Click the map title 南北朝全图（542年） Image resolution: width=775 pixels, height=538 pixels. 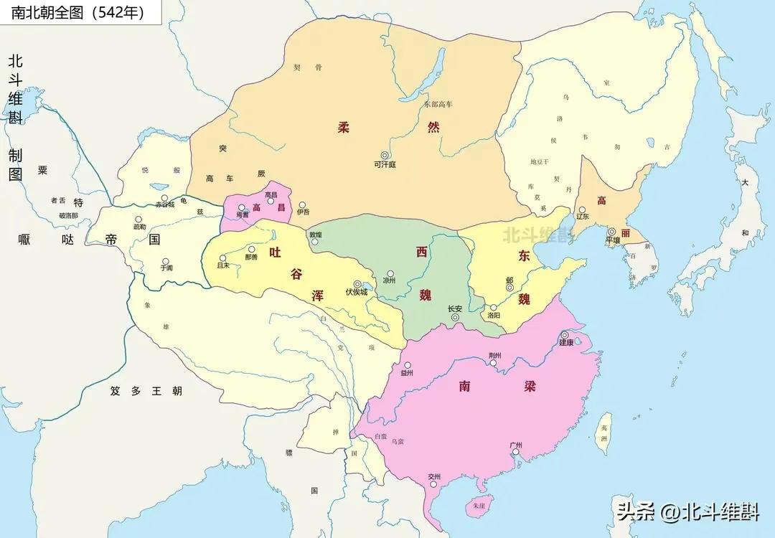click(77, 12)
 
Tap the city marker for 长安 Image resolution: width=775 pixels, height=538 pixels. click(455, 318)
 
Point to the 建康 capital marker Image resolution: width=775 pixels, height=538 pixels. click(565, 335)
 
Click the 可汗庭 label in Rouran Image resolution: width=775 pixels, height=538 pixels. click(385, 164)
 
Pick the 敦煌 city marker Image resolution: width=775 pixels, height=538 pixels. click(314, 242)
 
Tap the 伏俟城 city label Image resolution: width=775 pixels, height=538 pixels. click(356, 293)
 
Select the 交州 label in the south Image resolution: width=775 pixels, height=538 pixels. click(433, 477)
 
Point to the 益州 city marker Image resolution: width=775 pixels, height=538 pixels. click(408, 365)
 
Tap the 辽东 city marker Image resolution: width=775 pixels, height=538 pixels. click(582, 210)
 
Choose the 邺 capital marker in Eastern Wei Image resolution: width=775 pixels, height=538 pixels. click(509, 288)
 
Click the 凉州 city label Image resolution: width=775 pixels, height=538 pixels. click(389, 282)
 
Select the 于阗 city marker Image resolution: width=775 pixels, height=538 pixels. click(166, 261)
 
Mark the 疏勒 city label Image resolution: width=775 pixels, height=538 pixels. click(138, 227)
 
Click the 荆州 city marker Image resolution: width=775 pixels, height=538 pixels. click(493, 363)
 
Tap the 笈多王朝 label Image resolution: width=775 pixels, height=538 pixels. click(146, 392)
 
